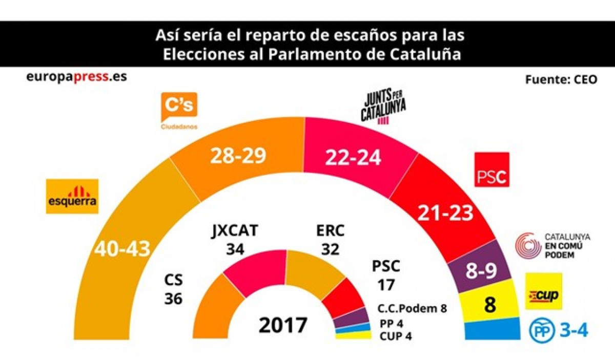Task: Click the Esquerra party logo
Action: [x=72, y=196]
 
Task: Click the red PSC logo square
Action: [x=491, y=170]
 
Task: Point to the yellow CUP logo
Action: [x=543, y=291]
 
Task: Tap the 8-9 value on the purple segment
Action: [x=480, y=270]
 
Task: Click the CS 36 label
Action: [x=173, y=289]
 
